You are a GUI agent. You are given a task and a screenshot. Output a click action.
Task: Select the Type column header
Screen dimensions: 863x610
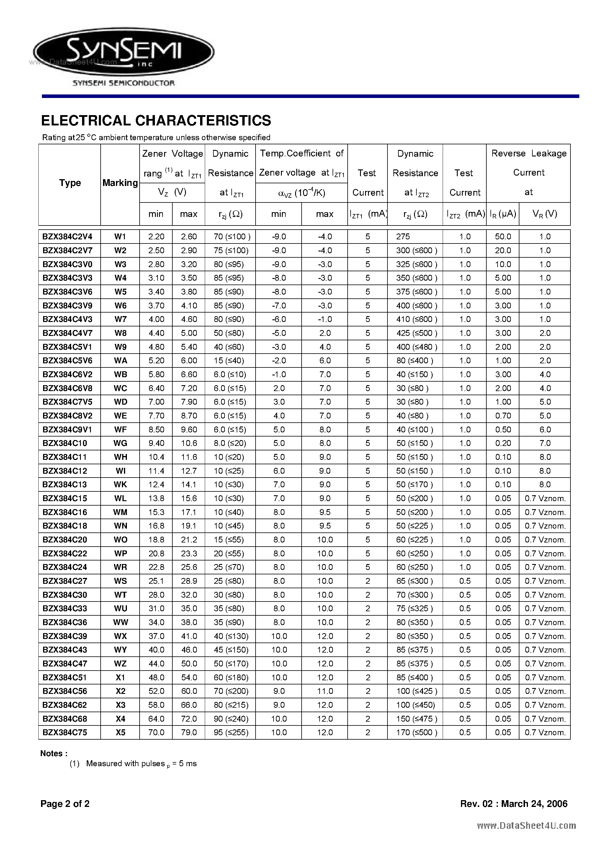point(70,183)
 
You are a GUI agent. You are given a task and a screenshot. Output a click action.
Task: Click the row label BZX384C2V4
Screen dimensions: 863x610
point(67,237)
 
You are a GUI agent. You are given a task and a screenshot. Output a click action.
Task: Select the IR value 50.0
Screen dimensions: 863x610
point(503,237)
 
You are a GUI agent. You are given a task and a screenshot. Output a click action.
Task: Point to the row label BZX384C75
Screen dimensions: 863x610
point(65,733)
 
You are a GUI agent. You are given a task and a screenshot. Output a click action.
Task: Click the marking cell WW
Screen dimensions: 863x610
point(120,622)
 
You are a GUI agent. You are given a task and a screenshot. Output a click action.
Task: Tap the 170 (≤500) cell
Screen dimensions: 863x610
point(416,733)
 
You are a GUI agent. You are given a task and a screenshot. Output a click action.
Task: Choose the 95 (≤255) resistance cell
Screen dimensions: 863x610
point(231,733)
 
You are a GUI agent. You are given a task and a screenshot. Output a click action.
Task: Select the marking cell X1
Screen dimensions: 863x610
point(120,678)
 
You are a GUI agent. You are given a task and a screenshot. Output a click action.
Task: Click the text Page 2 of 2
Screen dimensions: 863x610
point(65,804)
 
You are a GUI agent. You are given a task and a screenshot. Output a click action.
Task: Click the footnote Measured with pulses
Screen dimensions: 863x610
point(141,764)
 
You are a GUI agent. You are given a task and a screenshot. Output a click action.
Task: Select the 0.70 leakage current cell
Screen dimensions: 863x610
point(503,416)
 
